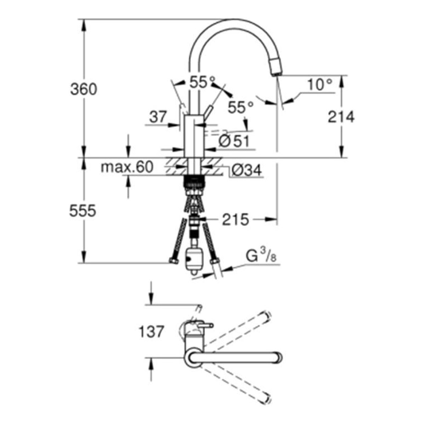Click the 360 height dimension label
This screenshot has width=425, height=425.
pos(84,89)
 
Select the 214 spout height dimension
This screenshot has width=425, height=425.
pos(341,117)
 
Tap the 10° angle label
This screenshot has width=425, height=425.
pos(319,85)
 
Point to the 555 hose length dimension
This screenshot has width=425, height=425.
pos(83,211)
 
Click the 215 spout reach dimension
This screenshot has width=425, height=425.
pos(235,220)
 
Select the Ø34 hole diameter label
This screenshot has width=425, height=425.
pos(247,170)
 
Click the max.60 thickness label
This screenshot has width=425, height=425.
pos(127,167)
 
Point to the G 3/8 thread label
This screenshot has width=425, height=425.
pos(261,256)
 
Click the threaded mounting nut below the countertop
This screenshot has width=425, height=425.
pos(194,182)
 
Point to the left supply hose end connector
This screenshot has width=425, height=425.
pos(174,261)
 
